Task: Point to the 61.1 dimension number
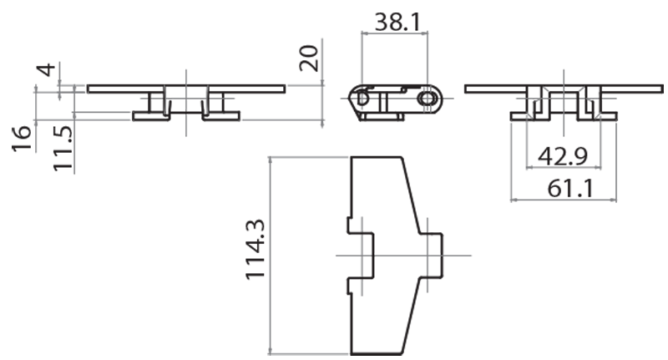(x=570, y=187)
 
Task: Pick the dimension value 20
(x=310, y=59)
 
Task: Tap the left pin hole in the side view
(x=362, y=98)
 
